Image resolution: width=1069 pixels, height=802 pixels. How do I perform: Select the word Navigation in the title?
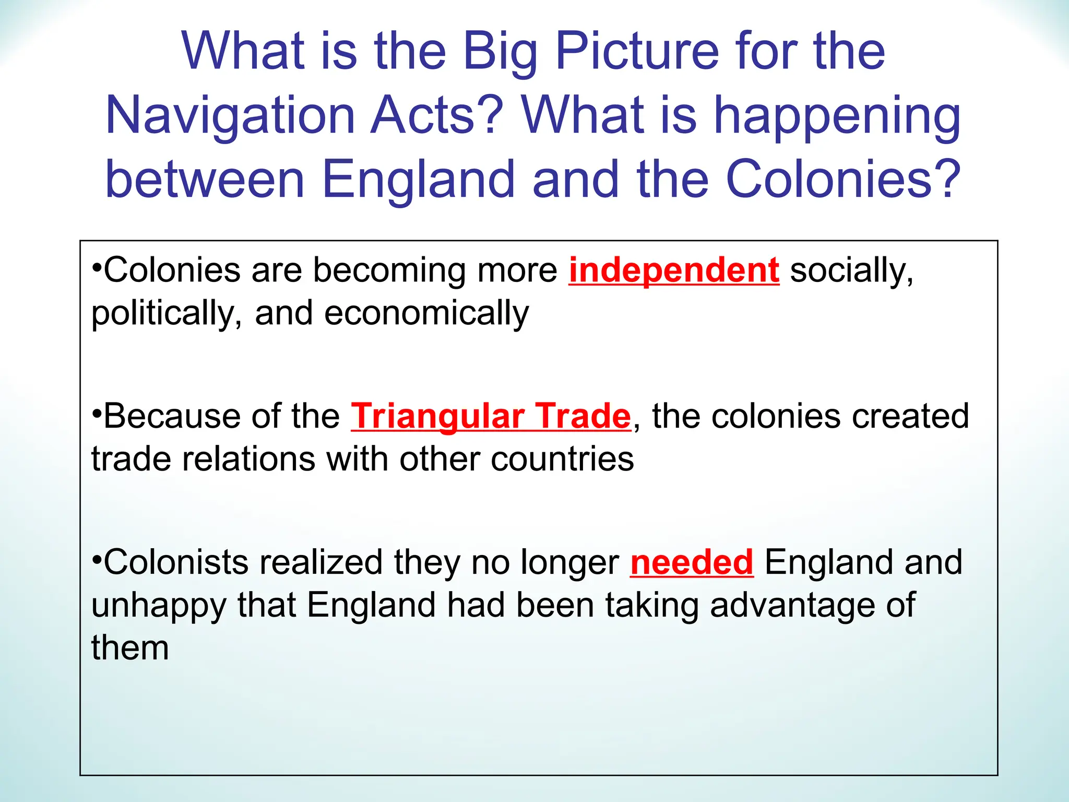click(230, 115)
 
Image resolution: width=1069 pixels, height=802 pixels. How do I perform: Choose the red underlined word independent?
click(674, 270)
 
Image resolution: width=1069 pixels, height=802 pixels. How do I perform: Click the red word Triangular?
click(437, 417)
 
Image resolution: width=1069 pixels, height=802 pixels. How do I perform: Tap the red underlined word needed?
click(692, 562)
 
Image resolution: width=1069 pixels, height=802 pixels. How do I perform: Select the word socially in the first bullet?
click(851, 270)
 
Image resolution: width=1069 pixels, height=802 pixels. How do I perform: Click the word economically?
click(426, 313)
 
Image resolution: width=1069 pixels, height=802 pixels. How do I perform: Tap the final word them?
click(130, 648)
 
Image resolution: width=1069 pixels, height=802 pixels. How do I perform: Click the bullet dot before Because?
click(96, 413)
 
